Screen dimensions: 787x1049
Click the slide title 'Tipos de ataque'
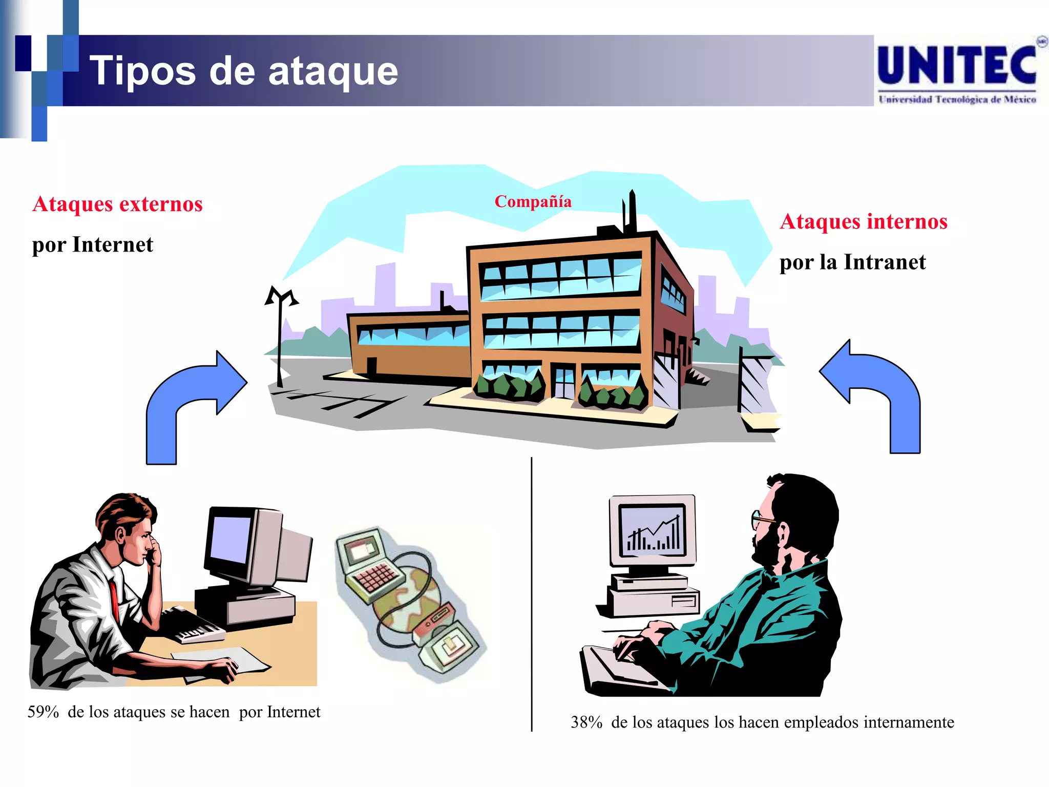(244, 71)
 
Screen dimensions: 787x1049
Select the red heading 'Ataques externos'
(117, 204)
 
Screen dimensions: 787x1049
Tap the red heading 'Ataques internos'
(864, 221)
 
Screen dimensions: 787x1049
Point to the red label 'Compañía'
(533, 201)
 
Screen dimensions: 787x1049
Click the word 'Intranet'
(885, 262)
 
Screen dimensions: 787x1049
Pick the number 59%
(43, 712)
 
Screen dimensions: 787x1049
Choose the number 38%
(586, 722)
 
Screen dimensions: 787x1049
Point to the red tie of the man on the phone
(114, 599)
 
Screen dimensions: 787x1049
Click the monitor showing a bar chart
(652, 530)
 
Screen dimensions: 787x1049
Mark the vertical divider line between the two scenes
(532, 594)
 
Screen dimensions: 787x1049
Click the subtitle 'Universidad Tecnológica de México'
(957, 99)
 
